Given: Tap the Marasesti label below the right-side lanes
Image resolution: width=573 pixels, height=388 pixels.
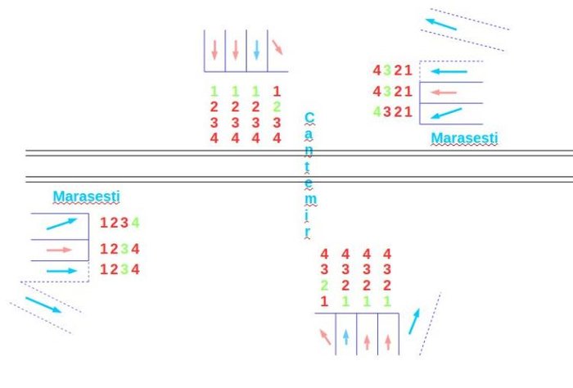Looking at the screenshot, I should pyautogui.click(x=464, y=138).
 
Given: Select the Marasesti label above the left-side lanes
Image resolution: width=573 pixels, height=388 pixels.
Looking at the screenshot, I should pyautogui.click(x=86, y=196).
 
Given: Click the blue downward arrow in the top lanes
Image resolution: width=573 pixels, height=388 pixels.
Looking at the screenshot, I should pyautogui.click(x=256, y=49).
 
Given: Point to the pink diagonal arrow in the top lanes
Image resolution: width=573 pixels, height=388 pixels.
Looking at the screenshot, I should pyautogui.click(x=277, y=47).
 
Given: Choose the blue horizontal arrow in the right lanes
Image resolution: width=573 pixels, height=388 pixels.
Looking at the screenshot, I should pyautogui.click(x=449, y=71).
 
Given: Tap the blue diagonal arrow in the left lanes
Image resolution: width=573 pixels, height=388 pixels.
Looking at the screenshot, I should pyautogui.click(x=61, y=223).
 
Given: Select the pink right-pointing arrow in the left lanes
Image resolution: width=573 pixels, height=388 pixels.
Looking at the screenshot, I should pyautogui.click(x=60, y=250).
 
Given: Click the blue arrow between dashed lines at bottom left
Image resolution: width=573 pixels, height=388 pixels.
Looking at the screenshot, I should pyautogui.click(x=43, y=305).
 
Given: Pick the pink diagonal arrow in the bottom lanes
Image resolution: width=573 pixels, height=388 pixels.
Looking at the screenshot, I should pyautogui.click(x=325, y=336).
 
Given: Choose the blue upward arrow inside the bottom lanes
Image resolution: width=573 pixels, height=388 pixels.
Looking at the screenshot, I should pyautogui.click(x=346, y=336).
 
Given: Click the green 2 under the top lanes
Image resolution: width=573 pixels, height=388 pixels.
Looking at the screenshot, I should pyautogui.click(x=277, y=106).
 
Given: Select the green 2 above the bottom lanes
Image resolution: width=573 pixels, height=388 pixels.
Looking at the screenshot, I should pyautogui.click(x=324, y=285).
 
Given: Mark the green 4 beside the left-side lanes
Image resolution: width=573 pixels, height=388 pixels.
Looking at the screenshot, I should pyautogui.click(x=135, y=222).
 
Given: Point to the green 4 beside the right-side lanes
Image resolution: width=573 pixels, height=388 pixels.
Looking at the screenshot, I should pyautogui.click(x=377, y=111).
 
